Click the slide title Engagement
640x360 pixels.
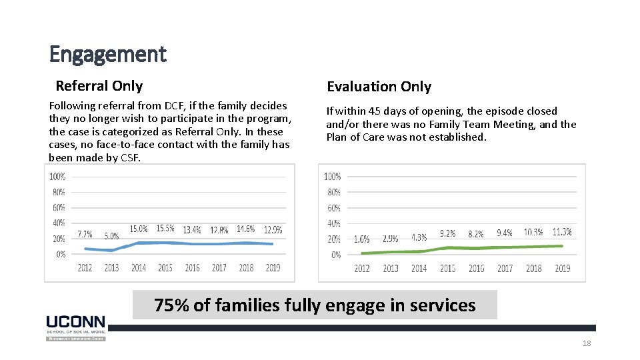(x=107, y=54)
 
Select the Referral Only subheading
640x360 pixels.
(x=99, y=86)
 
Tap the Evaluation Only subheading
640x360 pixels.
(x=378, y=87)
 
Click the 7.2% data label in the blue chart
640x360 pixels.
(x=85, y=235)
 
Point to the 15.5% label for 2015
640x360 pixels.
(x=165, y=229)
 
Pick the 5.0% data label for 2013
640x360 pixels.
(x=111, y=236)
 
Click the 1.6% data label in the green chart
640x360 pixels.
(x=361, y=239)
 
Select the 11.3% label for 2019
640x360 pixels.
(x=562, y=232)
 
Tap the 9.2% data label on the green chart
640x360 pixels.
(x=447, y=234)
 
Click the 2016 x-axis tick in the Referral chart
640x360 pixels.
(x=192, y=268)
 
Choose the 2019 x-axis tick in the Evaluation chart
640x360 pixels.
(x=562, y=269)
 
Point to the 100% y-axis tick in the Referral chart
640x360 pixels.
(x=57, y=177)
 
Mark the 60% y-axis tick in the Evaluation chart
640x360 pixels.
(x=333, y=208)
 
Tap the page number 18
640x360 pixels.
(x=587, y=343)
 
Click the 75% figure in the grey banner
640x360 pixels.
(x=171, y=305)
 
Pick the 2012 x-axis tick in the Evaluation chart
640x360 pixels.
(x=362, y=269)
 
